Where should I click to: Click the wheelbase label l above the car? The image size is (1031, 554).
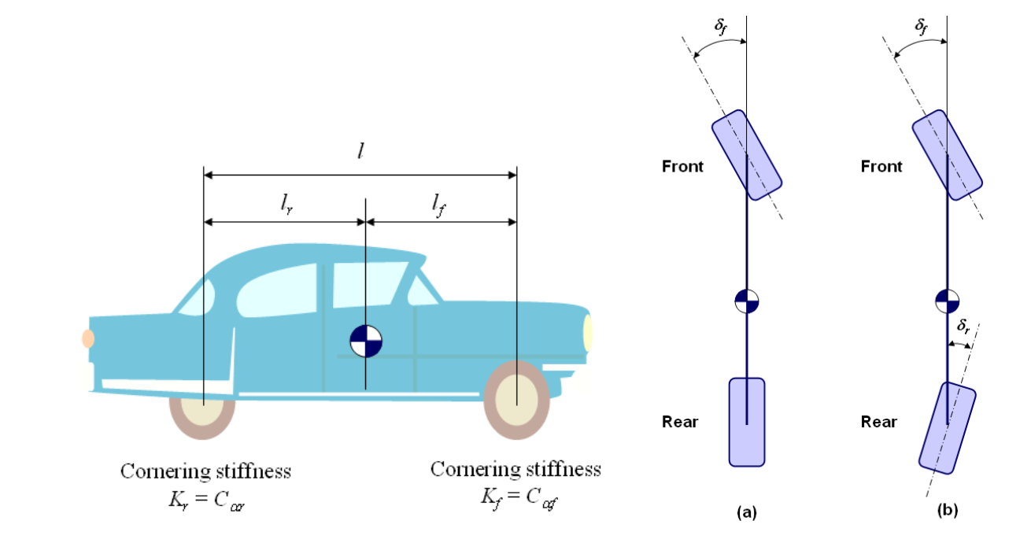point(360,152)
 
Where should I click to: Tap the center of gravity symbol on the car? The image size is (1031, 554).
point(366,342)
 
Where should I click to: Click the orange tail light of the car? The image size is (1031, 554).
point(88,338)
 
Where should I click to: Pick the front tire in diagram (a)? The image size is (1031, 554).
point(747,154)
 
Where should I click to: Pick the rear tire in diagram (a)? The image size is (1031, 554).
point(747,421)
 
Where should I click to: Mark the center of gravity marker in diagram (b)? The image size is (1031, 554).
point(947,300)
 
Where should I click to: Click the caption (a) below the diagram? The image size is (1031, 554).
point(746,512)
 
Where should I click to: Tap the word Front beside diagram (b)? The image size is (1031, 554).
point(881,167)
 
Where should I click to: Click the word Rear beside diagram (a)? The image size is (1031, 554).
point(680,423)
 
